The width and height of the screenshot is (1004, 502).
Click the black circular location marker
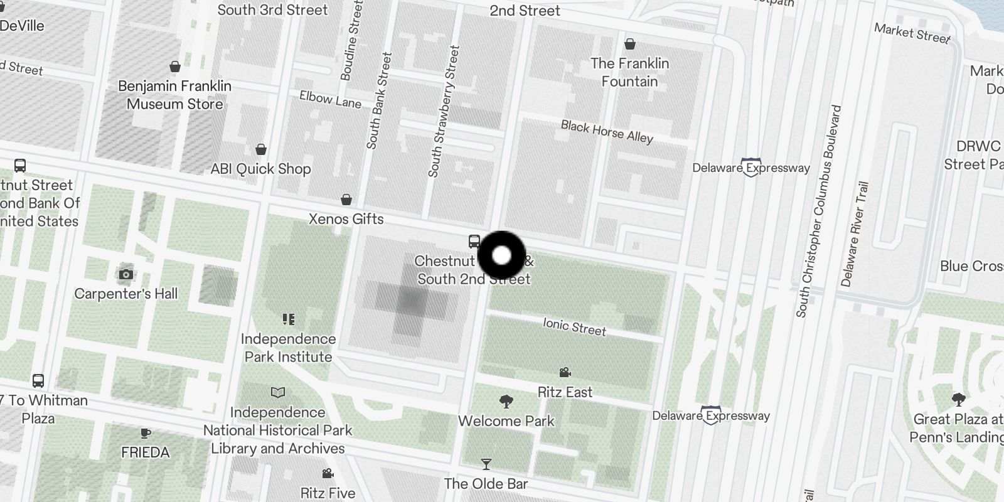click(501, 255)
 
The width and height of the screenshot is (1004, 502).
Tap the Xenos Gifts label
click(346, 219)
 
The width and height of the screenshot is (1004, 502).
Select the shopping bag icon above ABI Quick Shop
click(261, 149)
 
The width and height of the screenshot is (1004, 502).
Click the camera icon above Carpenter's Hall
click(126, 274)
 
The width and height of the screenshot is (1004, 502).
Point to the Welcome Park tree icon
click(506, 401)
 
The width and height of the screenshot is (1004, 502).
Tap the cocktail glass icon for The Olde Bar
click(486, 464)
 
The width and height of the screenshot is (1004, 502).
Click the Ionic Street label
click(574, 327)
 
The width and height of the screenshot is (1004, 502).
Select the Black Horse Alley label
click(607, 132)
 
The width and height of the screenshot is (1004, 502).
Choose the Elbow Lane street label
click(330, 99)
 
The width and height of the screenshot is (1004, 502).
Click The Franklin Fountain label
click(629, 72)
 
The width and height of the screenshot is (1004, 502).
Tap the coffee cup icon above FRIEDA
click(145, 433)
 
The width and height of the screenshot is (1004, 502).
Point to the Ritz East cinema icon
click(565, 373)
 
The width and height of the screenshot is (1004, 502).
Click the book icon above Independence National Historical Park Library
click(277, 393)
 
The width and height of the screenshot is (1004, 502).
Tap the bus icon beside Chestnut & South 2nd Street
click(474, 242)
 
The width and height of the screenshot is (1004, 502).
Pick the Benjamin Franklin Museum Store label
click(174, 95)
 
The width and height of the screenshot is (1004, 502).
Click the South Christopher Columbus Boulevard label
click(818, 211)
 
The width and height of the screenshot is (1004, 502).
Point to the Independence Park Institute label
click(288, 348)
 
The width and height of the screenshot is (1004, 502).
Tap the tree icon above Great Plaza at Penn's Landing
click(958, 399)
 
